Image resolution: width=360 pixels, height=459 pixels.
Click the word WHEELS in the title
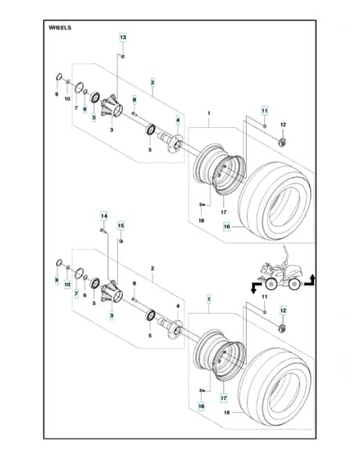click(60, 28)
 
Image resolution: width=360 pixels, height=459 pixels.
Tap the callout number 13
click(123, 38)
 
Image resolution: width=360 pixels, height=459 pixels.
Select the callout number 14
click(104, 216)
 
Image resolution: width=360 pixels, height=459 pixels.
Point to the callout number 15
click(121, 225)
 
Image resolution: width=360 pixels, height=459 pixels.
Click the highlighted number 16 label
click(226, 226)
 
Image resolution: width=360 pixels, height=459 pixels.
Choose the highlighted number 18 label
click(201, 407)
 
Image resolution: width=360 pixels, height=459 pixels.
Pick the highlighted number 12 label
click(283, 311)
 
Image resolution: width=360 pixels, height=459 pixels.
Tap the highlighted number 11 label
click(265, 111)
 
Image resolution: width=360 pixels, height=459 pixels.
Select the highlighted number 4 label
click(177, 120)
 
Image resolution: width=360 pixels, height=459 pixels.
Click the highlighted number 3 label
click(112, 316)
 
